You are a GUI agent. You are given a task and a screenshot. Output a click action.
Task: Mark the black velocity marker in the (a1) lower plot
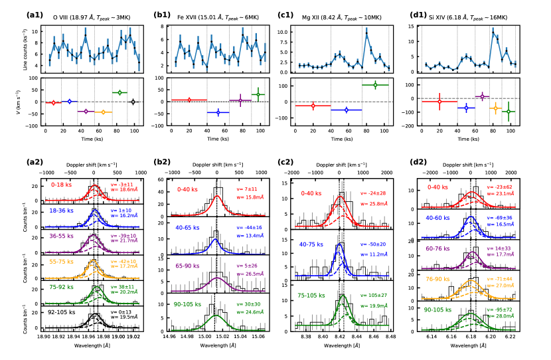click(x=133, y=102)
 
